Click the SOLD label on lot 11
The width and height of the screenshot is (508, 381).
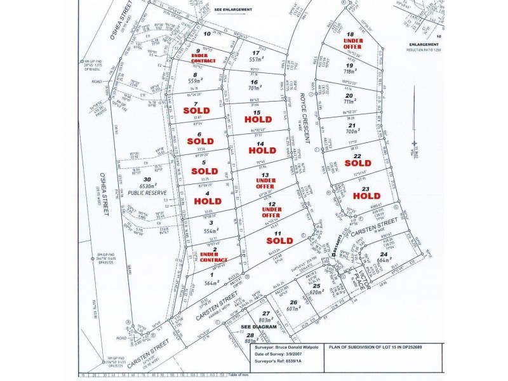tap(279, 241)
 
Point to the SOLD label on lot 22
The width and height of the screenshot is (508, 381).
tap(358, 163)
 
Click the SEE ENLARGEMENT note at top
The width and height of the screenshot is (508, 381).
tap(234, 10)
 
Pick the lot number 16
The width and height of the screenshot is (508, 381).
tap(255, 82)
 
